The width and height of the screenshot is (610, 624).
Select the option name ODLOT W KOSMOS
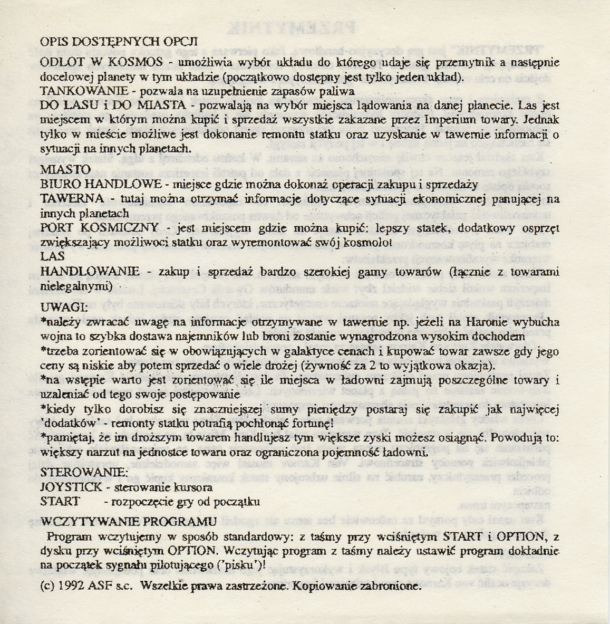[101, 62]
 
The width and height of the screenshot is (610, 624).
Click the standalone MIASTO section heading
[65, 170]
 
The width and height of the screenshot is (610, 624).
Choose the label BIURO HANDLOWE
[101, 185]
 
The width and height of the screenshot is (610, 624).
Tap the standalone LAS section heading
[52, 256]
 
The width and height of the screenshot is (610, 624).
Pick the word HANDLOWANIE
[90, 271]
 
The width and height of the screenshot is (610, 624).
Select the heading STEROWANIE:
[84, 471]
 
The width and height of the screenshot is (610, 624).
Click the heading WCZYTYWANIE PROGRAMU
[129, 521]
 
